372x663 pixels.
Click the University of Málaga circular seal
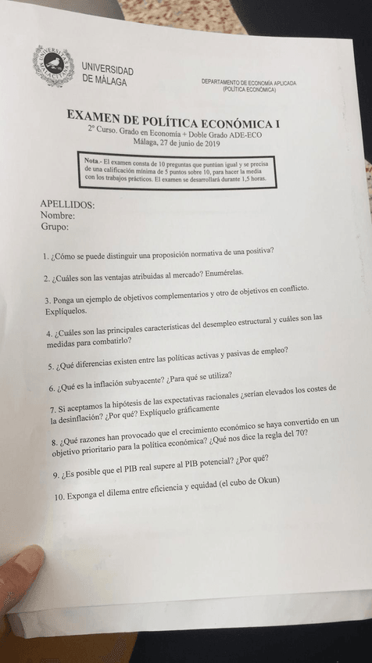click(x=54, y=66)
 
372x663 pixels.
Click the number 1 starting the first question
click(x=46, y=257)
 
